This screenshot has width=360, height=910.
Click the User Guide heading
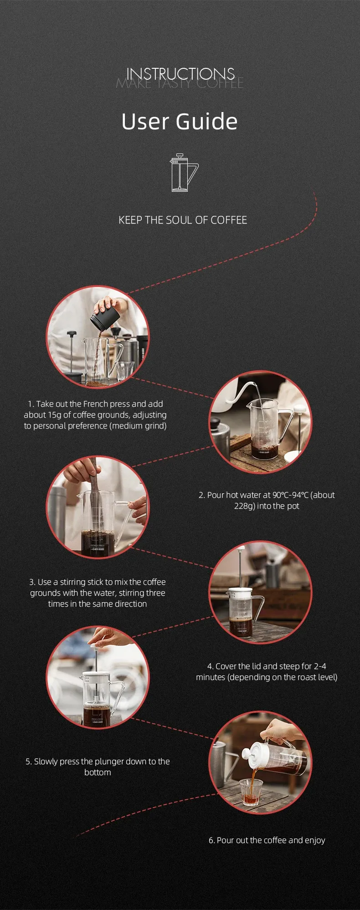tap(180, 122)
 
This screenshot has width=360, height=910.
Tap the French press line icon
tap(184, 173)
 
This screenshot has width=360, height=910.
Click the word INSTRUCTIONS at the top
tap(180, 74)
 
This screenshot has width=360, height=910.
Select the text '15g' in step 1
tap(54, 415)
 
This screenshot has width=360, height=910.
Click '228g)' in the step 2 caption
tap(244, 506)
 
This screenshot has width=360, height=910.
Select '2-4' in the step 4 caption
tap(320, 666)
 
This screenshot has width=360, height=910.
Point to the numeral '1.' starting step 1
tap(31, 404)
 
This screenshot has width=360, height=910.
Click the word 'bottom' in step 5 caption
tap(98, 772)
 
